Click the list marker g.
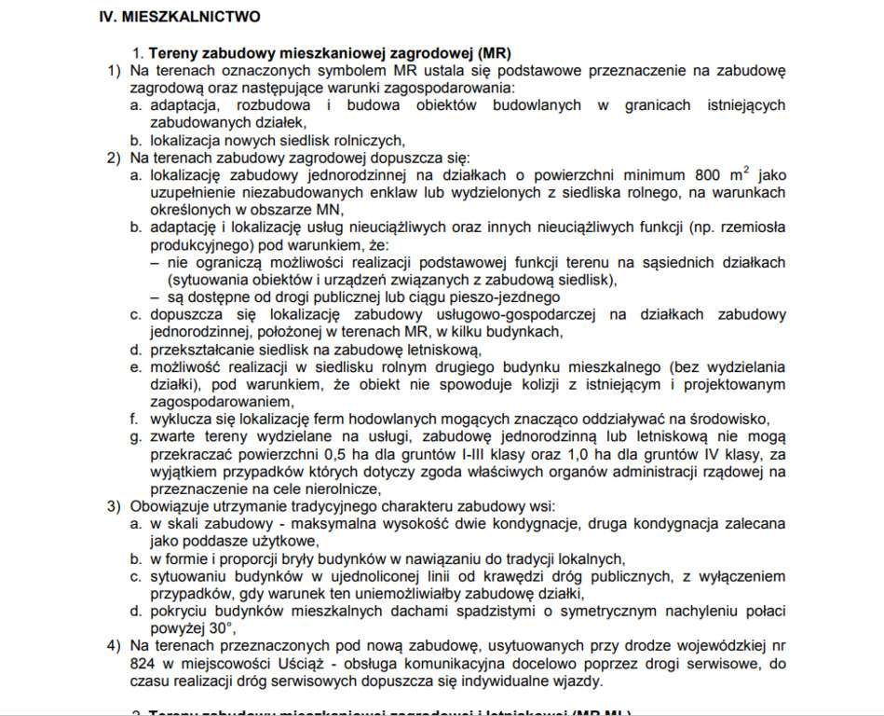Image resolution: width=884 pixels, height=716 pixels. tap(136, 436)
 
